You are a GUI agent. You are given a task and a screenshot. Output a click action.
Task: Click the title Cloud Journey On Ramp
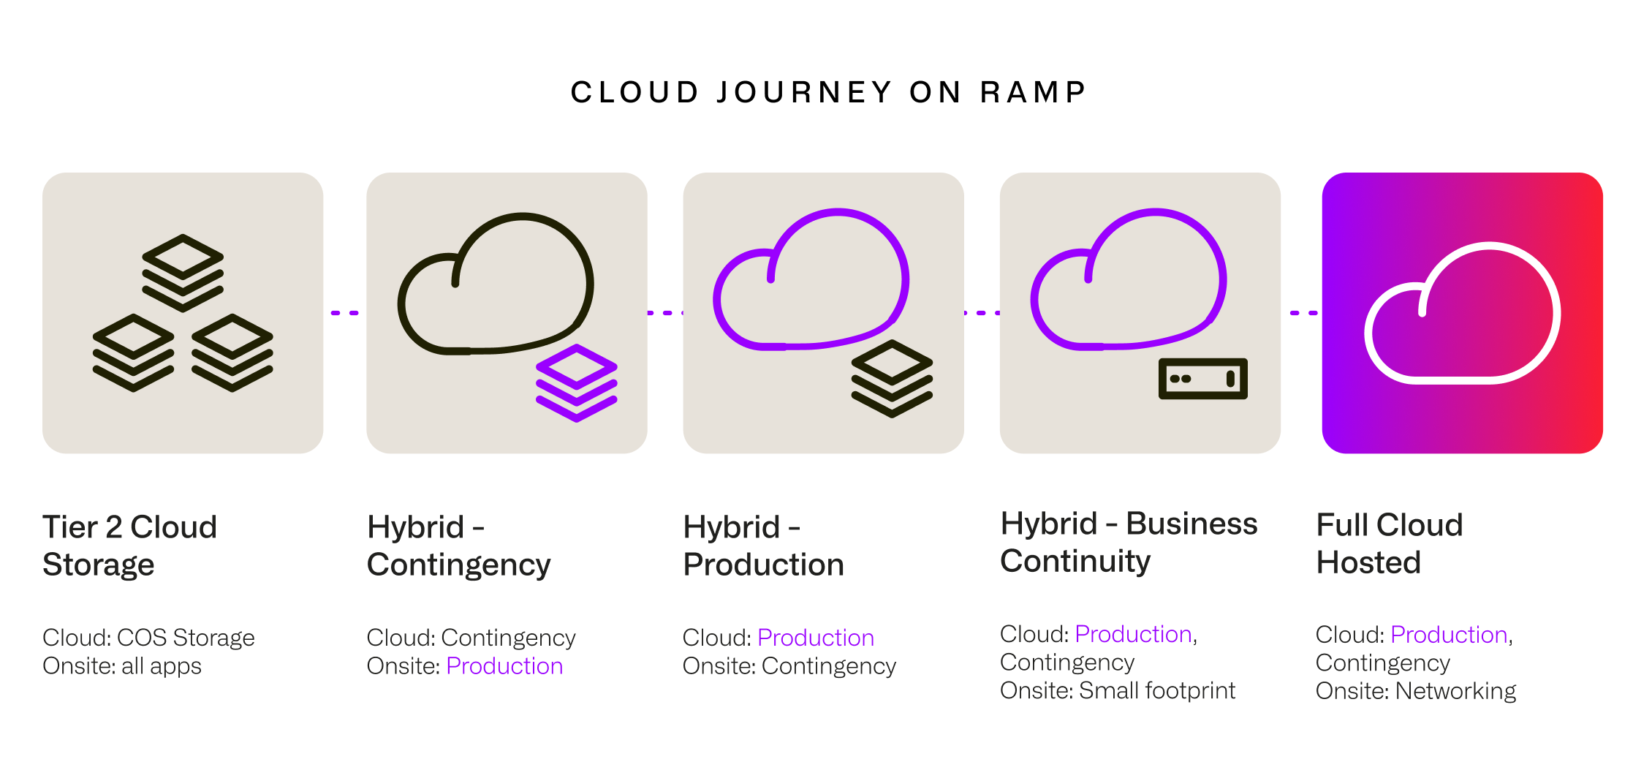(x=828, y=92)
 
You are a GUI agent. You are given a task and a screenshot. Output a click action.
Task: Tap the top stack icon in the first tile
(x=183, y=272)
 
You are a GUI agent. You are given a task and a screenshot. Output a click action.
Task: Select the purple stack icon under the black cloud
(x=577, y=382)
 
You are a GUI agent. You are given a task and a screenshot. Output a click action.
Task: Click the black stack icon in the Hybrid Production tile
(x=892, y=378)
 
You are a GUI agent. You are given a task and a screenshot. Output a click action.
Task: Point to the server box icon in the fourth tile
(x=1202, y=378)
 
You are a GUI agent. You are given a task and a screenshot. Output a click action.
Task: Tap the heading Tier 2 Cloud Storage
(x=129, y=546)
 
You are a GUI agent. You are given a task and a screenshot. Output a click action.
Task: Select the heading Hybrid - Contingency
(x=458, y=546)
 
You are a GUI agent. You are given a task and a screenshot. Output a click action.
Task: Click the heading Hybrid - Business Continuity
(x=1129, y=542)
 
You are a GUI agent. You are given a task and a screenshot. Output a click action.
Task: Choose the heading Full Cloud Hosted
(x=1389, y=543)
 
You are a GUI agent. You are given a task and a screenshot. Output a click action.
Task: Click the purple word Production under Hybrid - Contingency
(x=504, y=666)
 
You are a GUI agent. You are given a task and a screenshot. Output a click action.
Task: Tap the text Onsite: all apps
(x=122, y=666)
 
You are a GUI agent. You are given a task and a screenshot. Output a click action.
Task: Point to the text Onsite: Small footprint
(x=1117, y=690)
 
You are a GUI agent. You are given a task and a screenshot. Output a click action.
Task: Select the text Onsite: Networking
(x=1415, y=691)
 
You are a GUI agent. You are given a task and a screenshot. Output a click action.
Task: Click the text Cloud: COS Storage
(x=148, y=638)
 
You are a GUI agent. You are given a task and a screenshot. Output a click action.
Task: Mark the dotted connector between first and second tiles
(x=345, y=313)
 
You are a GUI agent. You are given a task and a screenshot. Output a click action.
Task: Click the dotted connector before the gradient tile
(x=1303, y=313)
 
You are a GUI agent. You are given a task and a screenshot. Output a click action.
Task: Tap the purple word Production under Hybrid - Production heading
(x=816, y=638)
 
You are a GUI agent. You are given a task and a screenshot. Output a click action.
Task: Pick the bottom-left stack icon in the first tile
(x=133, y=352)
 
